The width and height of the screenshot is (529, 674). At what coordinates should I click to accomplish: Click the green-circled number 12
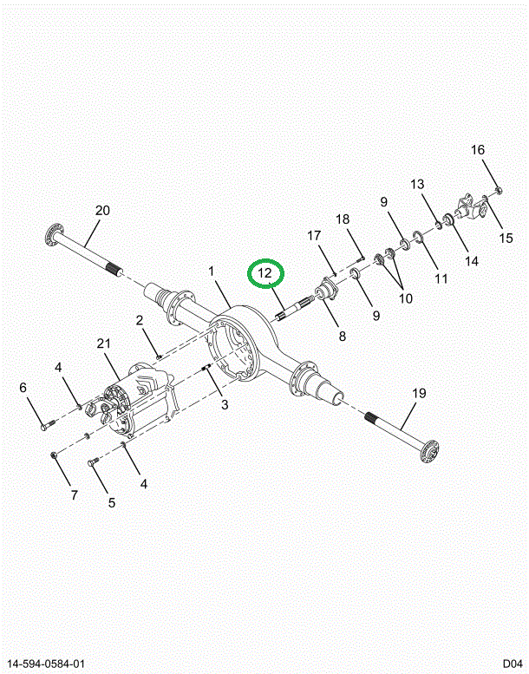coord(265,273)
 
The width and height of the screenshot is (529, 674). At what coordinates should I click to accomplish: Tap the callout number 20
coord(102,211)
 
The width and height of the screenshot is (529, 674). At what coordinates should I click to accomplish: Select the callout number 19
coord(419,393)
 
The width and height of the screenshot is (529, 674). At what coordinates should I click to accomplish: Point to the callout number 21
coord(104,344)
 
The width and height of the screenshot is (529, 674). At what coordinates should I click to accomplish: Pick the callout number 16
coord(478,150)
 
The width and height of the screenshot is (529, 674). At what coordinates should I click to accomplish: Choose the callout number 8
coord(342,337)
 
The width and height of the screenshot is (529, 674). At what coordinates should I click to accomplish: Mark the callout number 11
coord(441,278)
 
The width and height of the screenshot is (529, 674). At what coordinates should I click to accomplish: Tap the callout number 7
coord(74,495)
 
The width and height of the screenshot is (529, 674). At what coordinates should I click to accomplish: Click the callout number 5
coord(111,501)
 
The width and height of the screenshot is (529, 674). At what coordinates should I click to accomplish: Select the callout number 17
coord(314,235)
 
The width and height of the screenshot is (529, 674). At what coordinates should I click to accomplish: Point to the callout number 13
coord(418,184)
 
